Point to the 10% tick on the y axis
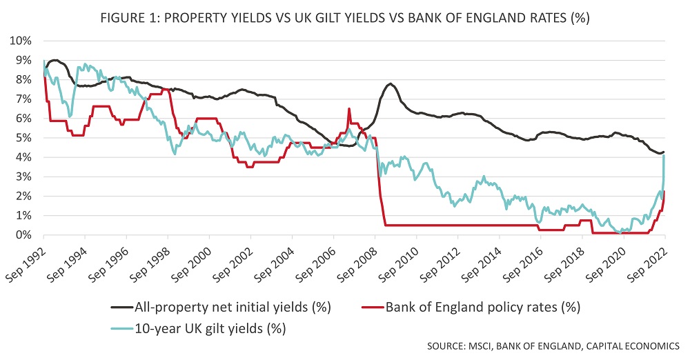pos(20,41)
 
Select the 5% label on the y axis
pos(23,138)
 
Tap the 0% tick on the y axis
pos(23,235)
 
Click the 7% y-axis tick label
pos(23,99)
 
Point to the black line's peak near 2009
pos(391,84)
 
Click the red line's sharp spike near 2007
pos(349,108)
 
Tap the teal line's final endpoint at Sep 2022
pos(664,155)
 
